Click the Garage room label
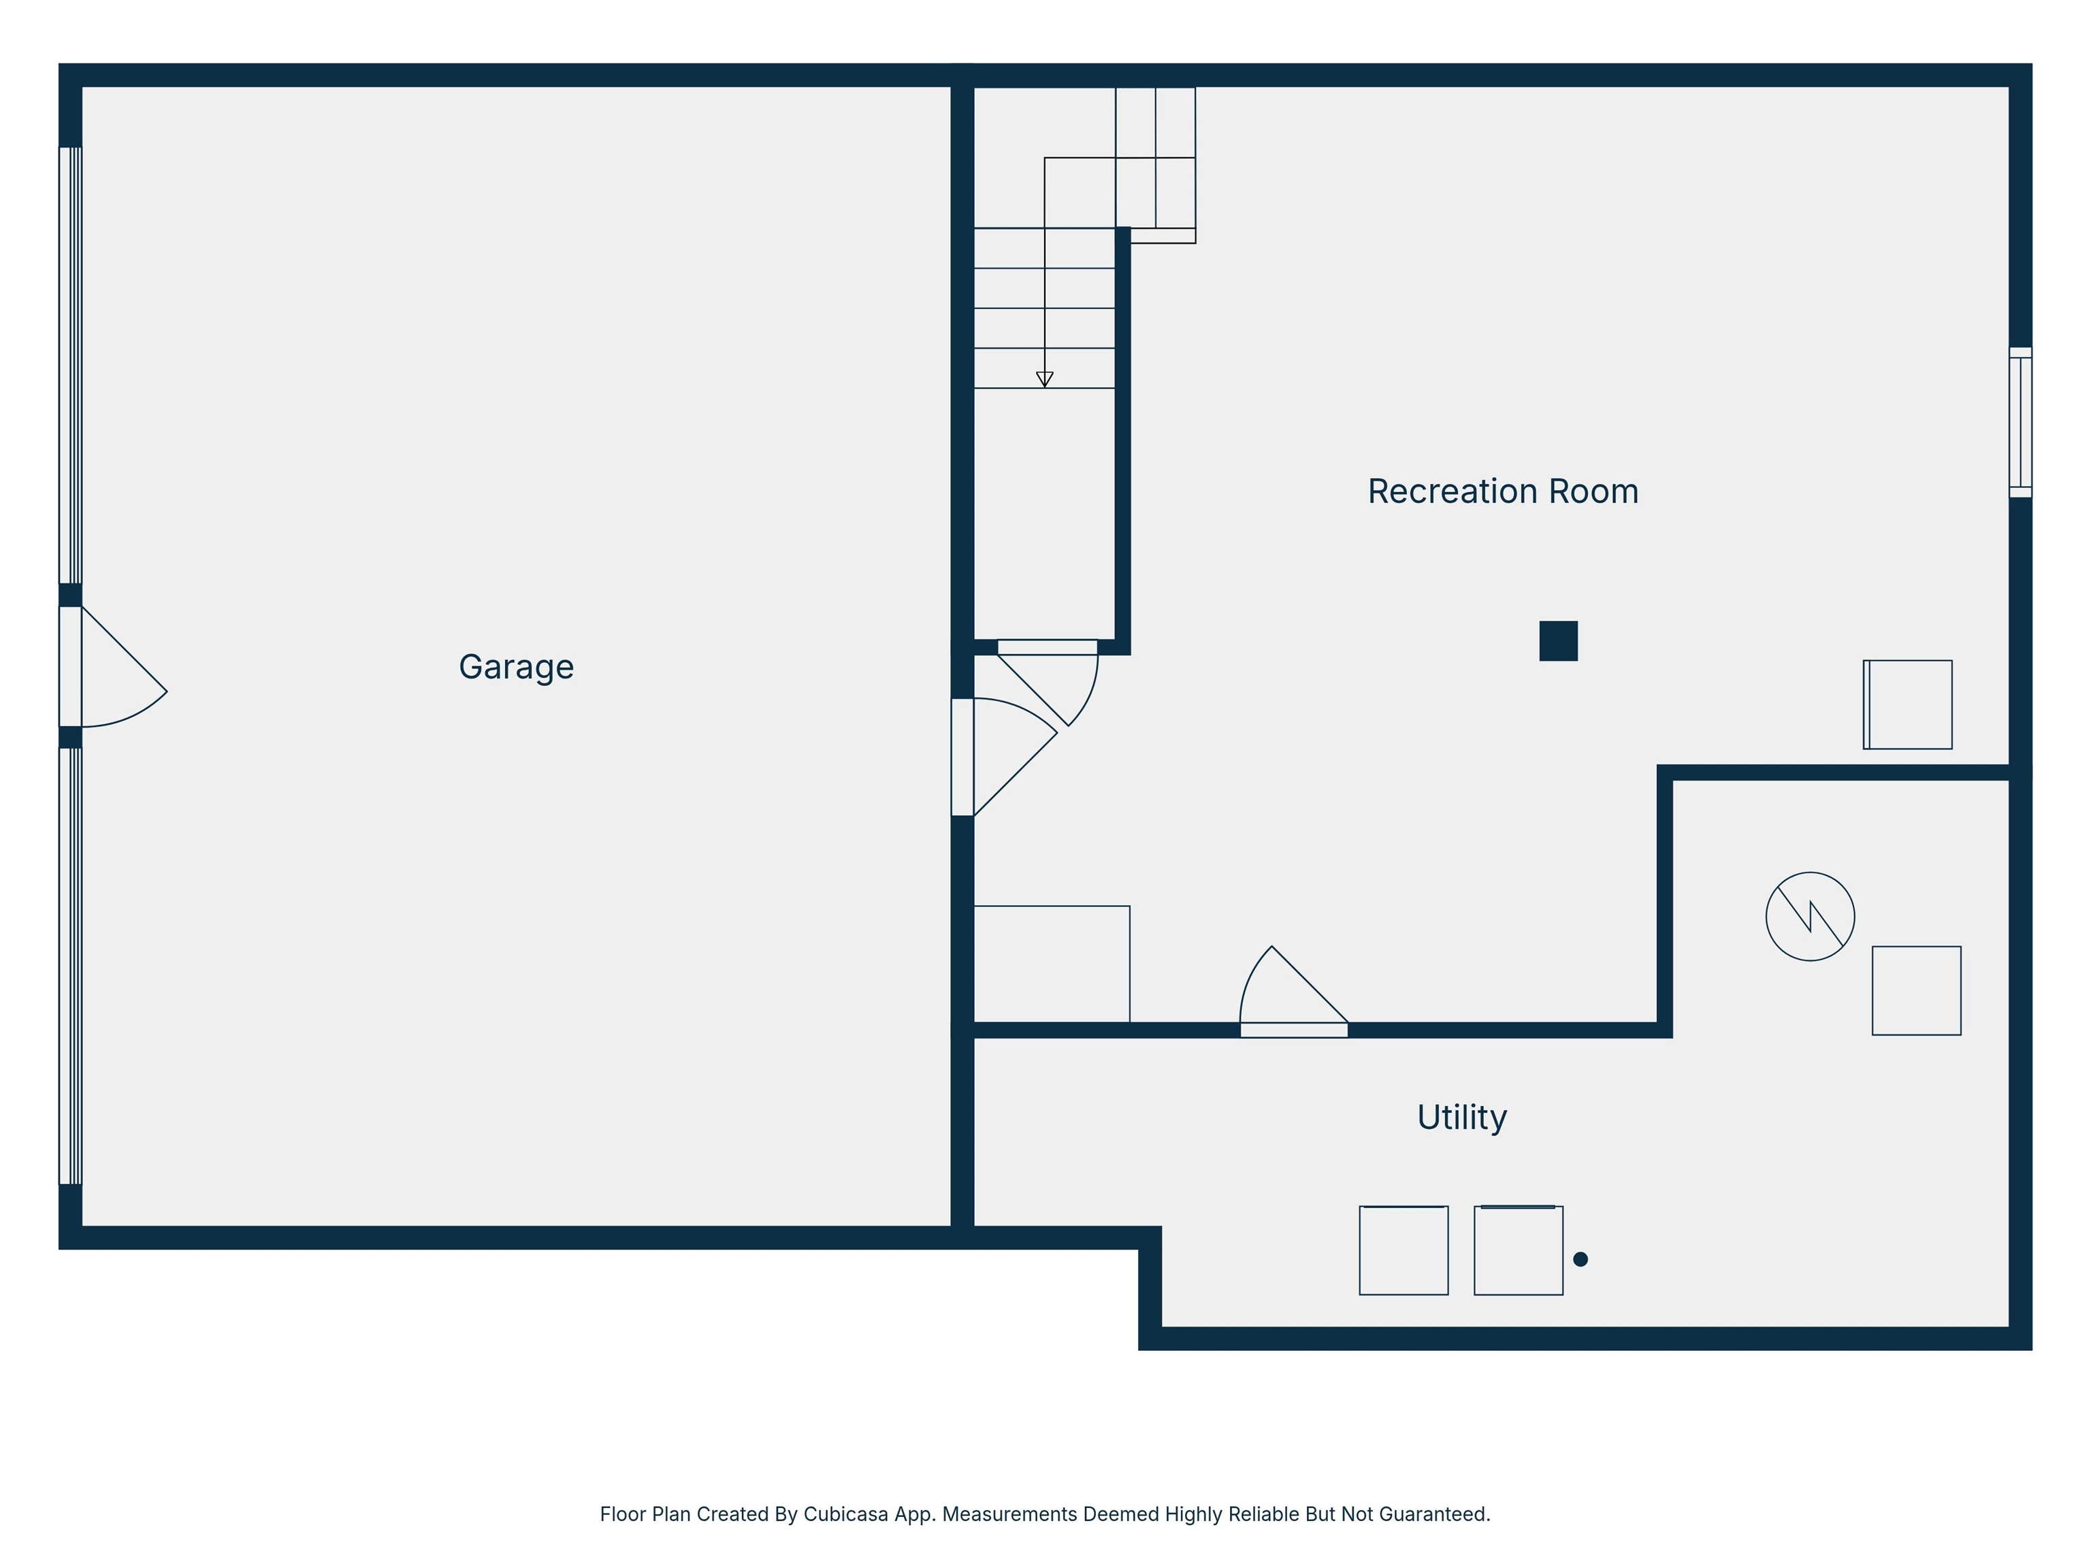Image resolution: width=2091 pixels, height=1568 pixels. pos(516,667)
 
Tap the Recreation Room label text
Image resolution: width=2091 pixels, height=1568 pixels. pos(1502,491)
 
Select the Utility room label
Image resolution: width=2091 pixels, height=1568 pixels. pos(1461,1117)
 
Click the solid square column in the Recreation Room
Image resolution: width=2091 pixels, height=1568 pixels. pos(1558,641)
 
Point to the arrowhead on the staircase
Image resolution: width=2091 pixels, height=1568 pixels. pos(1045,379)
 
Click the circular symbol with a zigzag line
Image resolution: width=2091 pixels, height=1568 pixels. pos(1809,916)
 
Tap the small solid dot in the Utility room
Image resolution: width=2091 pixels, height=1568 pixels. pos(1580,1259)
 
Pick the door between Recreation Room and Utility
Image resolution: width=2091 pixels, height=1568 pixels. pos(1293,1002)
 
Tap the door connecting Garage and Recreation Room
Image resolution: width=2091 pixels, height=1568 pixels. pos(1002,756)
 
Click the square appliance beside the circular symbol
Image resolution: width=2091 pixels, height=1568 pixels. pos(1916,990)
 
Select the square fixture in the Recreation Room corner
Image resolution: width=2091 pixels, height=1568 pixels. pos(1908,704)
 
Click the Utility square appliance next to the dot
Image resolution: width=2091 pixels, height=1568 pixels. pos(1518,1250)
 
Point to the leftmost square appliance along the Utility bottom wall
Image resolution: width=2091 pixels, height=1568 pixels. pos(1403,1250)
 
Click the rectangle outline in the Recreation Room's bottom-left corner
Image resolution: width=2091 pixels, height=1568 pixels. pos(1051,964)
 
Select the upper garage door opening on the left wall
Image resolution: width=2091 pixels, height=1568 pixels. pos(71,365)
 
